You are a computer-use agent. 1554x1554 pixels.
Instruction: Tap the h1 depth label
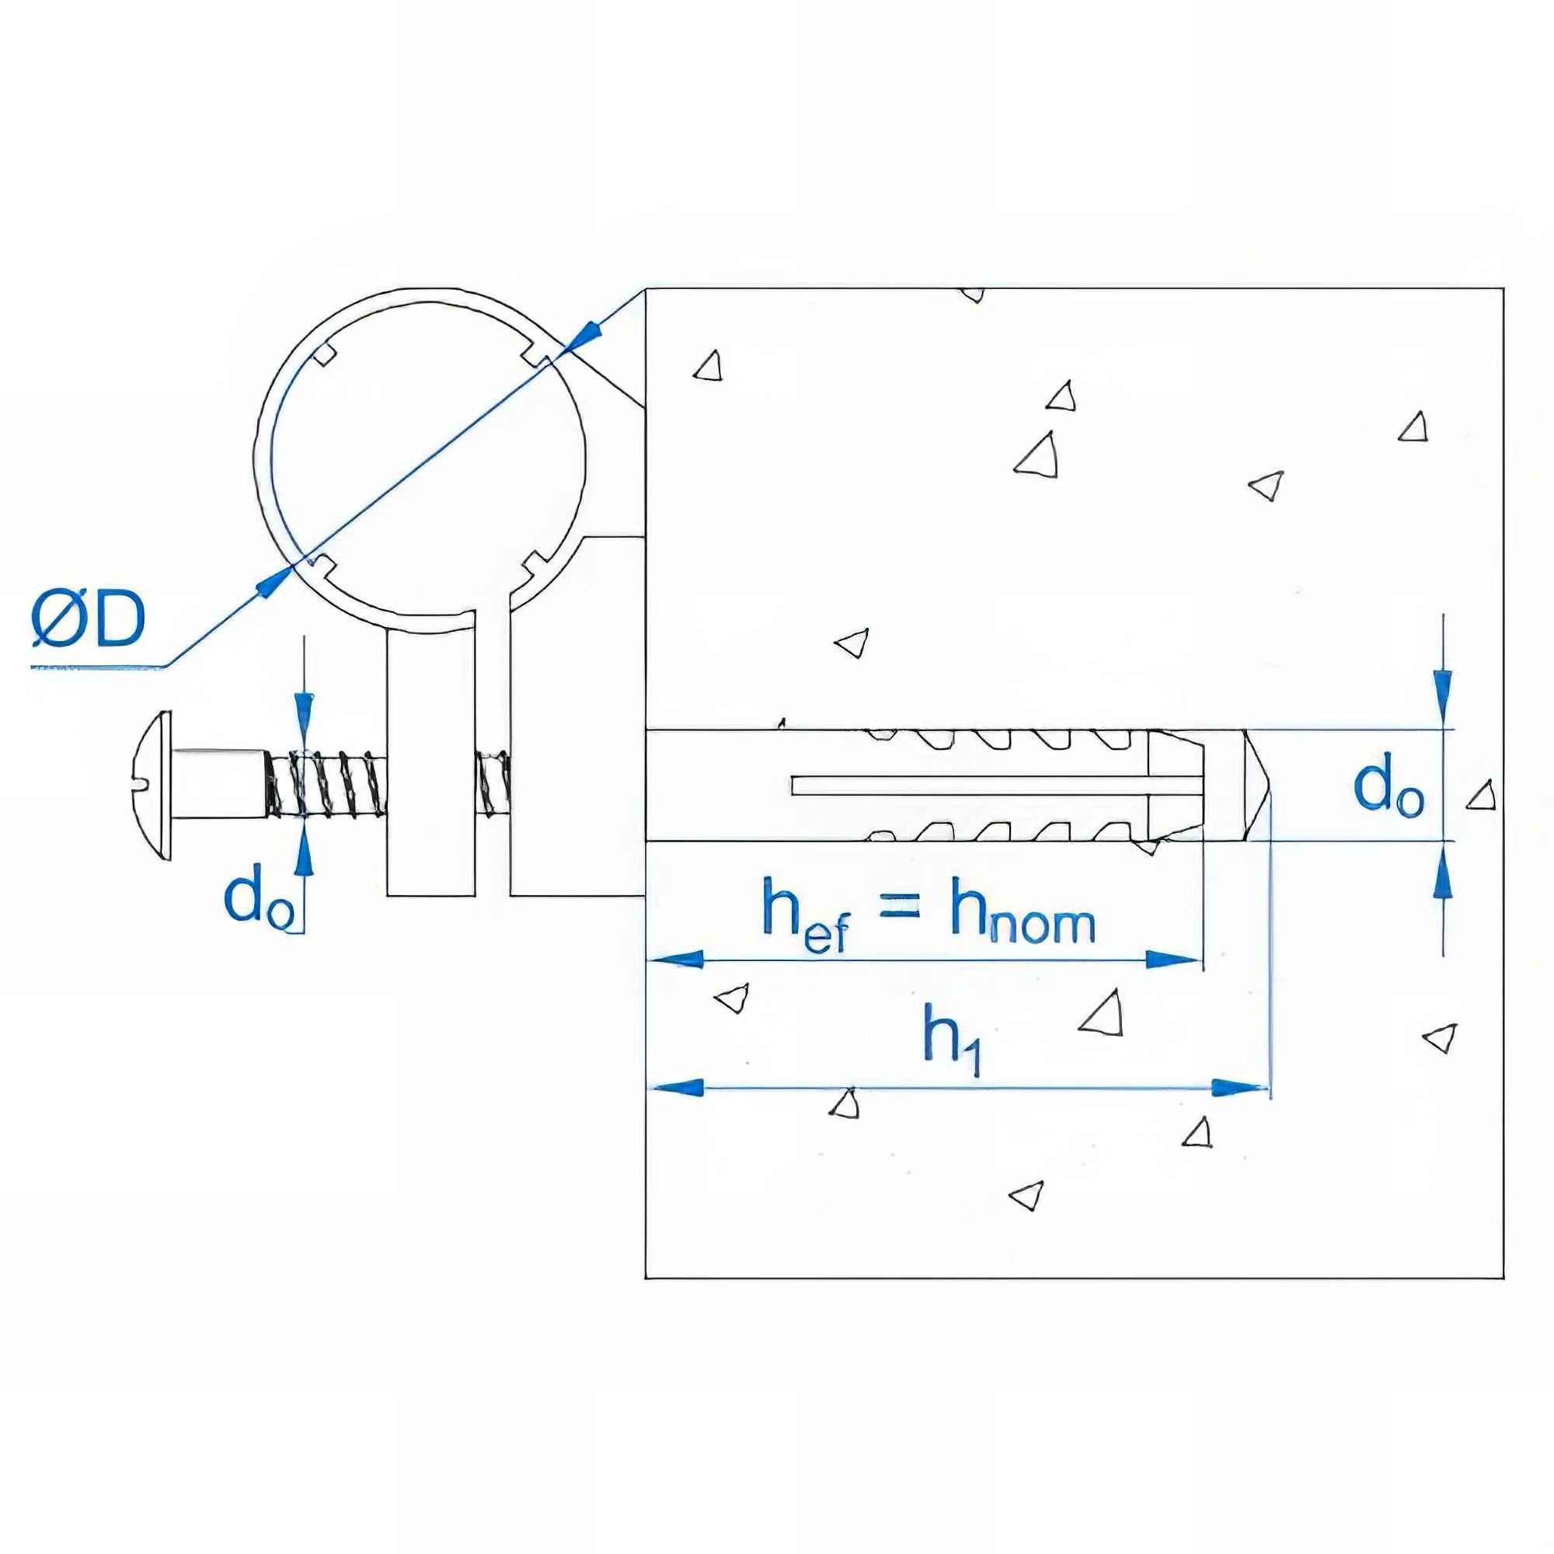pos(954,1046)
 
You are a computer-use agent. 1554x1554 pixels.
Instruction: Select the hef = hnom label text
pos(929,922)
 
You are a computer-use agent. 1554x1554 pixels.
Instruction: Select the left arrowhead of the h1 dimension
pos(678,1089)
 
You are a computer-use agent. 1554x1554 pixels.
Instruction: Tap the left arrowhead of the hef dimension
pos(678,959)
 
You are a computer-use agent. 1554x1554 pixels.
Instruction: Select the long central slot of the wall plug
pos(965,785)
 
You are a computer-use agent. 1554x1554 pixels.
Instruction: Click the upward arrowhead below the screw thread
pos(303,859)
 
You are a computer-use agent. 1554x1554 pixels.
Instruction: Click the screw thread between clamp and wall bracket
pos(493,784)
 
